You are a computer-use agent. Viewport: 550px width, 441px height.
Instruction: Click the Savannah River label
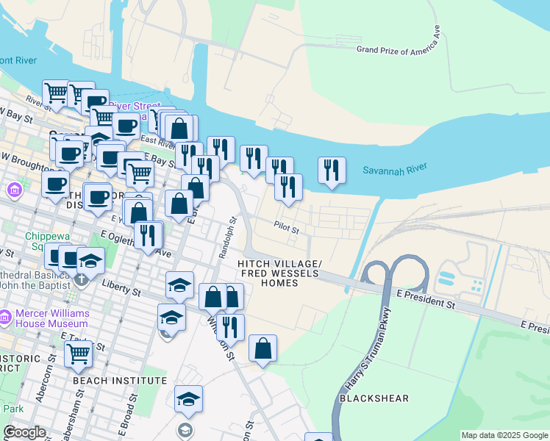tap(395, 170)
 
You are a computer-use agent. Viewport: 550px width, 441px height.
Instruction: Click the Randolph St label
tap(226, 237)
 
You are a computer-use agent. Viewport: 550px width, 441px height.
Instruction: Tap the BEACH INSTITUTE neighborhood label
tap(120, 381)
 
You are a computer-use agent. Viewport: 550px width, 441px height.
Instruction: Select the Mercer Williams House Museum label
tap(52, 318)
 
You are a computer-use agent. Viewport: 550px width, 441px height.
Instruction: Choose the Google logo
tap(24, 432)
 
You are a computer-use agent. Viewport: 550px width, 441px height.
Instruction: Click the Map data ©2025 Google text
tap(504, 435)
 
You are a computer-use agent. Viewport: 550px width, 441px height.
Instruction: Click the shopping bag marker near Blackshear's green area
tap(262, 348)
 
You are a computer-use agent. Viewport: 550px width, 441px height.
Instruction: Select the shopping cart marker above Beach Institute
tap(78, 354)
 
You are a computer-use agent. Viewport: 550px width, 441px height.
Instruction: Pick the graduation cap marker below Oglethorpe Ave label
tap(90, 259)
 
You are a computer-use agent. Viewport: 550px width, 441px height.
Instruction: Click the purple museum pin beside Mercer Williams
tap(7, 318)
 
